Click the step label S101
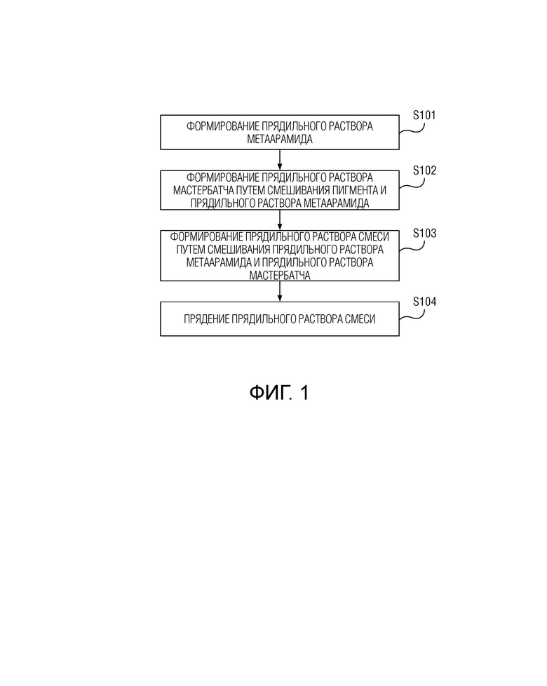[424, 115]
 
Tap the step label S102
[424, 170]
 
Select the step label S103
[424, 233]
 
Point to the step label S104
[424, 302]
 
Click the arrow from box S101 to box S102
[280, 160]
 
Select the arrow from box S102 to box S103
[280, 220]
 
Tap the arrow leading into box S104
[280, 291]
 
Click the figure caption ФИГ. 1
[279, 392]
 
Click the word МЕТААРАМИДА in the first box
[280, 139]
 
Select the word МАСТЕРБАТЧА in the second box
[203, 190]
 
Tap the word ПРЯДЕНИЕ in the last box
[206, 319]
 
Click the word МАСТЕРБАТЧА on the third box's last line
[280, 275]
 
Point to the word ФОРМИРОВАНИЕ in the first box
[223, 126]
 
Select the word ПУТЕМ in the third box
[191, 250]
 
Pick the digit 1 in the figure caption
[304, 392]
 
